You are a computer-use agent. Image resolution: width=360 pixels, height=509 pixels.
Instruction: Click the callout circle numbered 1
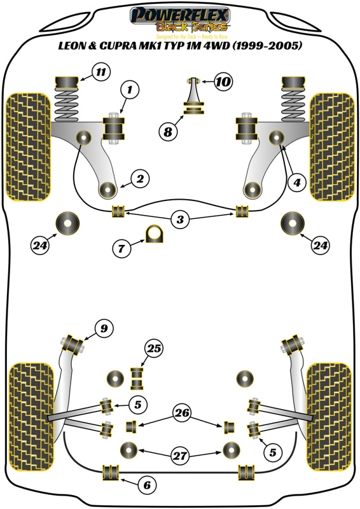pyautogui.click(x=130, y=92)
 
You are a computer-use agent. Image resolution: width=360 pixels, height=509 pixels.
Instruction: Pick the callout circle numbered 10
pyautogui.click(x=223, y=81)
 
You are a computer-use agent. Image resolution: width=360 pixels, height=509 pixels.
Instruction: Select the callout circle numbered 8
pyautogui.click(x=167, y=132)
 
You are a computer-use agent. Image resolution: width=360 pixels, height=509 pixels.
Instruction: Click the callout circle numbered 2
pyautogui.click(x=141, y=179)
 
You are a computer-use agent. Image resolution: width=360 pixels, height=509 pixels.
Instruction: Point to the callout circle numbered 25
pyautogui.click(x=153, y=348)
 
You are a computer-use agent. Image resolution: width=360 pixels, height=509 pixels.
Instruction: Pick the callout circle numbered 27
pyautogui.click(x=179, y=455)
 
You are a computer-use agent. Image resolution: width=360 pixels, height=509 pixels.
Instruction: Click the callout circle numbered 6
pyautogui.click(x=147, y=485)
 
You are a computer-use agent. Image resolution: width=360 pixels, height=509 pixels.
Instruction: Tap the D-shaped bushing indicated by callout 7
pyautogui.click(x=154, y=234)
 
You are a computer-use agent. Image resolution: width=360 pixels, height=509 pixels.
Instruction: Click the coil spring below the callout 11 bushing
pyautogui.click(x=67, y=101)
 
